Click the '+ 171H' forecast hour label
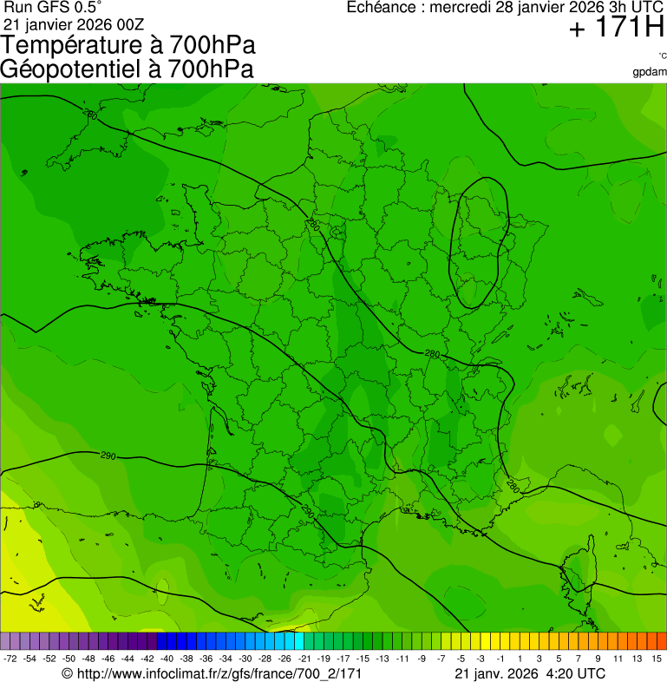[617, 29]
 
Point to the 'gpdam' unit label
[650, 71]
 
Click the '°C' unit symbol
[661, 56]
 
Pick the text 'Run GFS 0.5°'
[53, 7]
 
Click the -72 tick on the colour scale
[10, 659]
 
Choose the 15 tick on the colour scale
[657, 659]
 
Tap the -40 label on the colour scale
[167, 659]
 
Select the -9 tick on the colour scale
[422, 659]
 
